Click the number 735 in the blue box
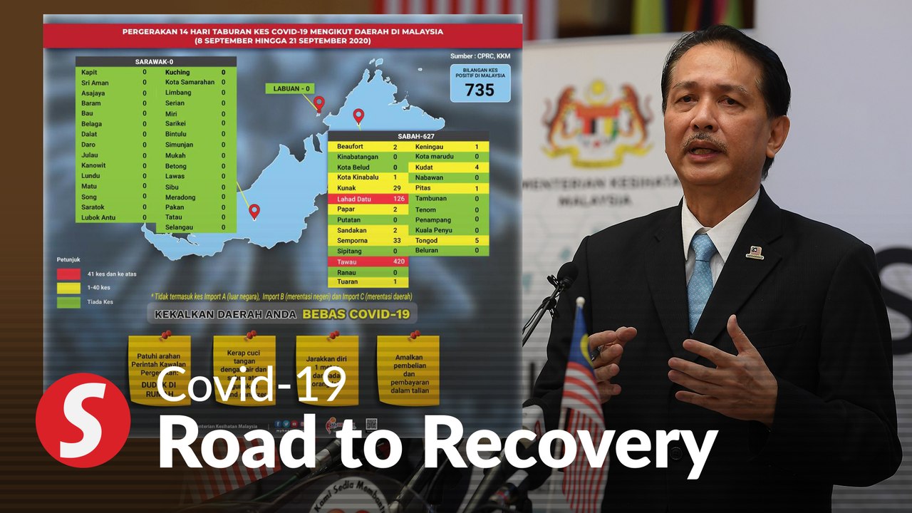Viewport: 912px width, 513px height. click(x=480, y=90)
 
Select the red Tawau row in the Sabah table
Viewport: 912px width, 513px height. click(x=368, y=261)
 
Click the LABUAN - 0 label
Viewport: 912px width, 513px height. click(x=290, y=88)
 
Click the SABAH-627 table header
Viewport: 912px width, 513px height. click(x=408, y=135)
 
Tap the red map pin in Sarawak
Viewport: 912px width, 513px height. click(x=254, y=211)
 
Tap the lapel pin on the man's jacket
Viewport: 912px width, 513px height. click(x=755, y=252)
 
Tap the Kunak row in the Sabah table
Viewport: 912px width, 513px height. click(x=368, y=187)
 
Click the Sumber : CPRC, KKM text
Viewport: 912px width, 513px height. click(x=480, y=55)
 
